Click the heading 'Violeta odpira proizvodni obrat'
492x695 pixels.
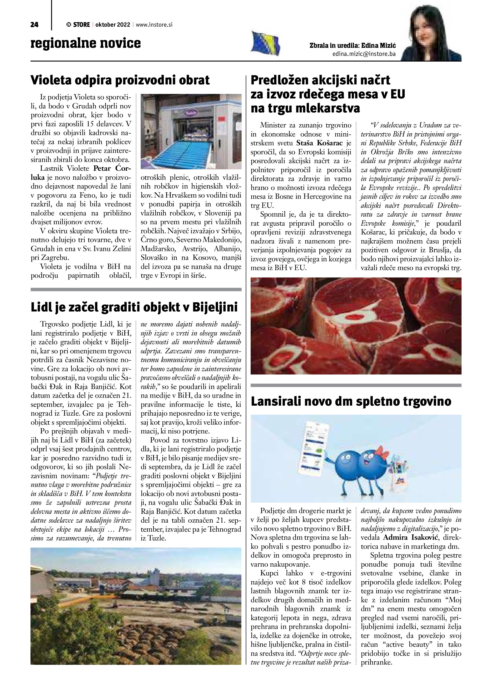(120, 80)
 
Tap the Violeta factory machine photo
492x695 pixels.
(191, 131)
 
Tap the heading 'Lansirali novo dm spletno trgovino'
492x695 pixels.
(351, 401)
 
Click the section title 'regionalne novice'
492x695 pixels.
(86, 43)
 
